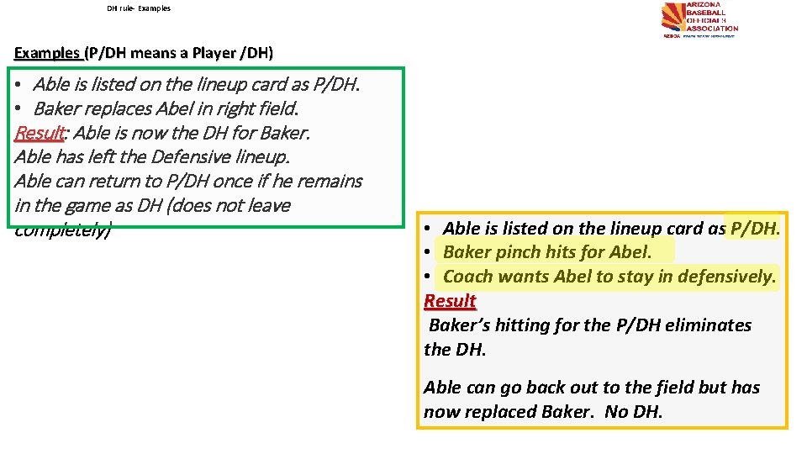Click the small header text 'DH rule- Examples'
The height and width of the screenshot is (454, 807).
coord(139,8)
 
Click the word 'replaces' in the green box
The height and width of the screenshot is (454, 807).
coord(120,108)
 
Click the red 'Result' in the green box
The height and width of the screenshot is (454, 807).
coord(39,133)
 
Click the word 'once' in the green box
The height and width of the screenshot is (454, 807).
coord(250,181)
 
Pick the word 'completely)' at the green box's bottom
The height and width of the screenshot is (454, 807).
coord(62,230)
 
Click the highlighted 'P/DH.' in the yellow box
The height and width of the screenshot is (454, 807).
coord(756,228)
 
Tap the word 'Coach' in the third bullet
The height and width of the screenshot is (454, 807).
coord(469,277)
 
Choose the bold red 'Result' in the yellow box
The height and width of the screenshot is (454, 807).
coord(450,301)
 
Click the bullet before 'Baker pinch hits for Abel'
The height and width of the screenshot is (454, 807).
coord(429,252)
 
